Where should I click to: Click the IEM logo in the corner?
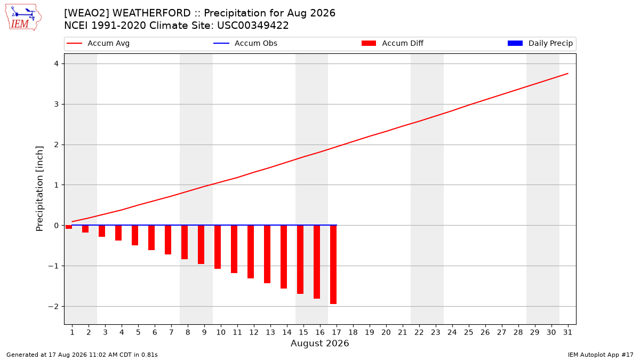point(23,18)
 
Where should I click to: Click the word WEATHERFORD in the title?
point(151,13)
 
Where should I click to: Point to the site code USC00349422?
point(253,26)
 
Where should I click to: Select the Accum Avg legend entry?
point(98,43)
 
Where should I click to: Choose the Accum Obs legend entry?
point(245,43)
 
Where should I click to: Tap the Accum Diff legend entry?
point(393,43)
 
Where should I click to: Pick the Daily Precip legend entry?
point(540,43)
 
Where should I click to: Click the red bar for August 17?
point(333,265)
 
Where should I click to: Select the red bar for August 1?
point(69,227)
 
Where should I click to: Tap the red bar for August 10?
point(218,247)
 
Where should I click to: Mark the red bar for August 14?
point(284,257)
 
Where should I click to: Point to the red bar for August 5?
point(135,235)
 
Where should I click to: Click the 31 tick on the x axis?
point(567,332)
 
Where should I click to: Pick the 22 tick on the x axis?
point(419,332)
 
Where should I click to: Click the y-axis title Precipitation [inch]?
point(39,189)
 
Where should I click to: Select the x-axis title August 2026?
point(319,343)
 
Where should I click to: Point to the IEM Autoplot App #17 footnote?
point(601,355)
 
